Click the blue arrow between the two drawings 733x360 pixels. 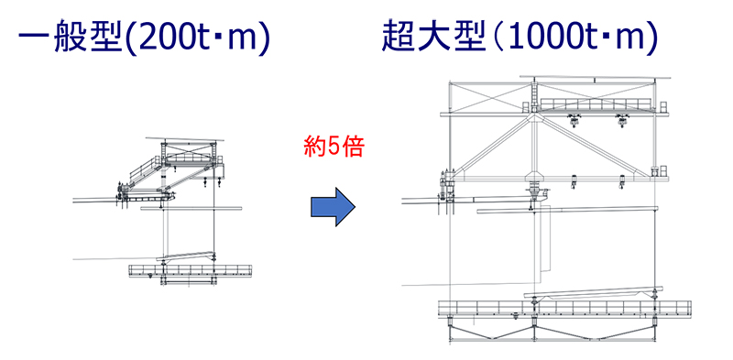pos(334,206)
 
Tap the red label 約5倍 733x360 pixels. pos(334,148)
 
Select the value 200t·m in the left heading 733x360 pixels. pos(198,38)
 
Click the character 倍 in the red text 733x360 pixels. pos(354,148)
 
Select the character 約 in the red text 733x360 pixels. pos(313,148)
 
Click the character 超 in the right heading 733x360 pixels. pos(399,38)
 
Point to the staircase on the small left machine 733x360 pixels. pos(143,170)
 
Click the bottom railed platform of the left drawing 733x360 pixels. pos(190,271)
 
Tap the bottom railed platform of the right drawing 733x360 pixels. pos(564,309)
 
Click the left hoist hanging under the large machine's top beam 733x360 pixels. pos(574,120)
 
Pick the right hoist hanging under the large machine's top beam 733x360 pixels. pos(622,120)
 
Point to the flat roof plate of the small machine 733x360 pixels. pos(185,139)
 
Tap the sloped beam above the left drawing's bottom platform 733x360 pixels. pos(186,256)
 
